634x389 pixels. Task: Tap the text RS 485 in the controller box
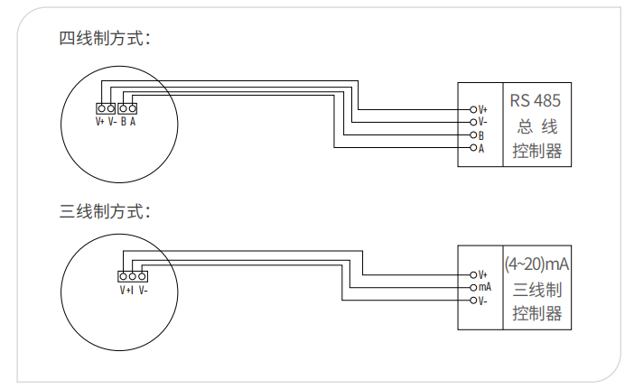point(535,101)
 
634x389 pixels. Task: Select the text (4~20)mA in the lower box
point(536,264)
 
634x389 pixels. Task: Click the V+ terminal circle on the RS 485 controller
point(473,109)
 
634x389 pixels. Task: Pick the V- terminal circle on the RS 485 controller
point(473,122)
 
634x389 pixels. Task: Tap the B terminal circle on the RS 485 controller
point(473,134)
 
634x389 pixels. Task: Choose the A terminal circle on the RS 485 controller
point(473,148)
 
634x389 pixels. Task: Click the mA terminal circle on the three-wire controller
point(473,288)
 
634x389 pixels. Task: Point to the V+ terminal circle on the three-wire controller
point(473,275)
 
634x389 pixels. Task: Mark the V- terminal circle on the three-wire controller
point(473,301)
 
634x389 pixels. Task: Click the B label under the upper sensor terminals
point(124,121)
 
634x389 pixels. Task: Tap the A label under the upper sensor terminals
point(133,121)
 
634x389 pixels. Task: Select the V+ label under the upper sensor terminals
point(100,121)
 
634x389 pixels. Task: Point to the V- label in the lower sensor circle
point(143,290)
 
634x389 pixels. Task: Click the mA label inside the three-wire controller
point(485,287)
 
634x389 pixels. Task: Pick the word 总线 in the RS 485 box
point(537,127)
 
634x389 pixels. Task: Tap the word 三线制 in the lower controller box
point(537,290)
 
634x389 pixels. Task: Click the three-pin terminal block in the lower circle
point(133,276)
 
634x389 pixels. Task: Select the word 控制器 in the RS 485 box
point(537,151)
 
